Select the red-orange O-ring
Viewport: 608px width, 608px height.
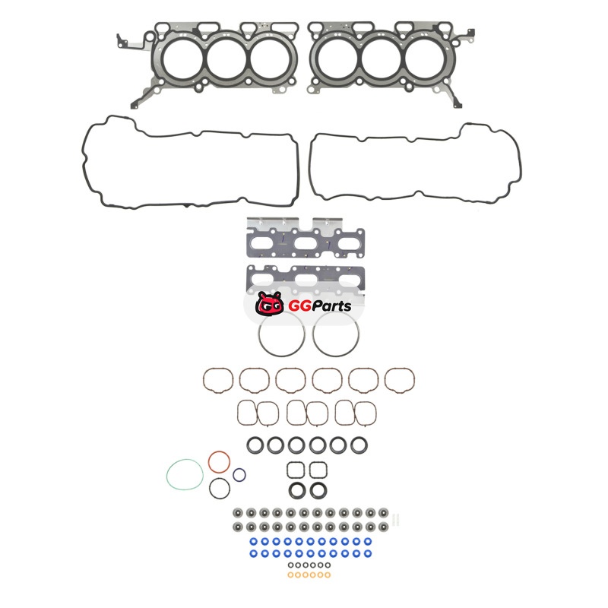(x=210, y=462)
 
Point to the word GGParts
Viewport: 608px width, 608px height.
(x=320, y=306)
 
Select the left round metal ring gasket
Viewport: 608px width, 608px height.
(x=258, y=334)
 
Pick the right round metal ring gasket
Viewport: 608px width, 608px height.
(x=313, y=334)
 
